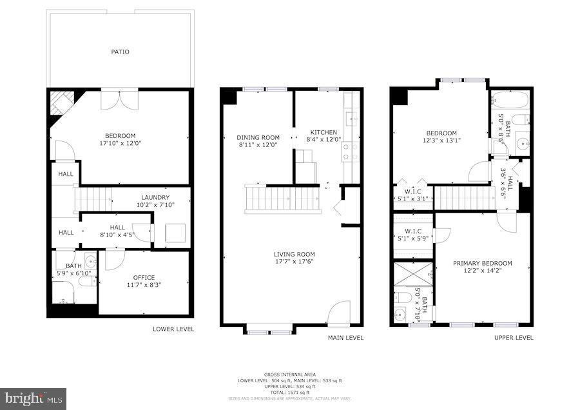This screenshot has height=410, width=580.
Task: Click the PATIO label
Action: (x=120, y=52)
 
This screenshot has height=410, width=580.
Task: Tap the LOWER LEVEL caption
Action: (x=173, y=329)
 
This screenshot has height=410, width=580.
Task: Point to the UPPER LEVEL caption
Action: (x=514, y=337)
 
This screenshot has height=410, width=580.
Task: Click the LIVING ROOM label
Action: (x=294, y=254)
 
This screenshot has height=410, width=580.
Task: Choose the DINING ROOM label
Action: (x=258, y=137)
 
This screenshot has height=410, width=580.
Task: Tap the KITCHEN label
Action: (x=324, y=132)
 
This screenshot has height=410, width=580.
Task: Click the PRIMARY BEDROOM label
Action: (x=482, y=263)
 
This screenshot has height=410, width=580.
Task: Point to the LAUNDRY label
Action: (x=155, y=197)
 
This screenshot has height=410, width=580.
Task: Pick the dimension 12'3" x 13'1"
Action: (x=441, y=140)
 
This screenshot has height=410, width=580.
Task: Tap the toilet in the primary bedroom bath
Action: (x=404, y=297)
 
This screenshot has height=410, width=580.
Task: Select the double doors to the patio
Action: (x=119, y=100)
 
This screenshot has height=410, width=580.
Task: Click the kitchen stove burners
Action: (x=351, y=151)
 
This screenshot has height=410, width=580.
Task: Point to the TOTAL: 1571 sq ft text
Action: (x=289, y=392)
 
